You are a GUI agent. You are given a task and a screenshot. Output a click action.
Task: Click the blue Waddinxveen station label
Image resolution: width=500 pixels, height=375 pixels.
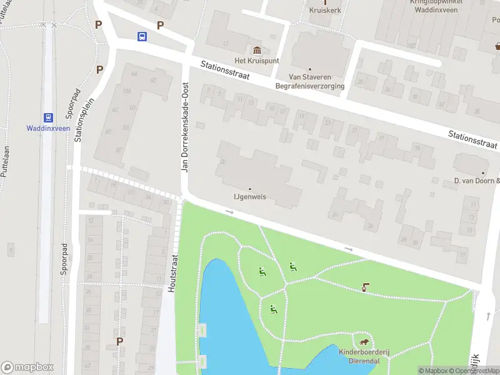pyautogui.click(x=47, y=129)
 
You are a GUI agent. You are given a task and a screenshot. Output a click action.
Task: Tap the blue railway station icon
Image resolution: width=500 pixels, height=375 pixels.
pyautogui.click(x=47, y=117)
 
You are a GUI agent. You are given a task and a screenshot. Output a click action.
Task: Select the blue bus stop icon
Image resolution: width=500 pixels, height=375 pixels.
pyautogui.click(x=142, y=36)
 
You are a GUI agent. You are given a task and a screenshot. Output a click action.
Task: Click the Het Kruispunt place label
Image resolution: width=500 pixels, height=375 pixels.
pyautogui.click(x=256, y=60)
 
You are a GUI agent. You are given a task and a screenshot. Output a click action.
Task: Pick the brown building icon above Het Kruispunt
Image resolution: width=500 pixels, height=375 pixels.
pyautogui.click(x=256, y=50)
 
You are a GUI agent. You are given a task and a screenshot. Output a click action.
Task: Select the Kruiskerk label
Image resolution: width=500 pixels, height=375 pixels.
pyautogui.click(x=324, y=11)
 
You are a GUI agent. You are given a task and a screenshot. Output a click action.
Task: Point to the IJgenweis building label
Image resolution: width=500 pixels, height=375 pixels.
pyautogui.click(x=250, y=196)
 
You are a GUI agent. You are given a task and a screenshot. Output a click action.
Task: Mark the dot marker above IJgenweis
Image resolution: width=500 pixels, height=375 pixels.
pyautogui.click(x=250, y=189)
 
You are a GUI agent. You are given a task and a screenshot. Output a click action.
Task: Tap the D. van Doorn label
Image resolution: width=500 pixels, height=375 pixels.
pyautogui.click(x=477, y=181)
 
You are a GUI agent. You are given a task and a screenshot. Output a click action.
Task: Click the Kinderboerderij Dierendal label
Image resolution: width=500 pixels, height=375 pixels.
pyautogui.click(x=364, y=357)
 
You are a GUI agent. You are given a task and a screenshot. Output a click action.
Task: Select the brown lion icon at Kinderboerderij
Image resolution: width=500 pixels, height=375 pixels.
pyautogui.click(x=364, y=342)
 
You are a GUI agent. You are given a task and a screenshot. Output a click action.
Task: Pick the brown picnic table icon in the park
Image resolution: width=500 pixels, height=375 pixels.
pyautogui.click(x=365, y=287)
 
